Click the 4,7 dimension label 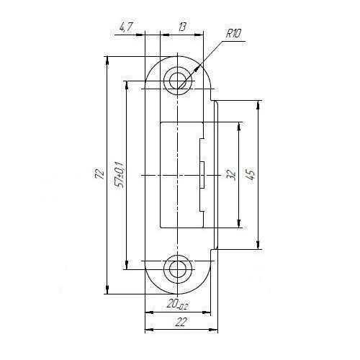pyautogui.click(x=126, y=27)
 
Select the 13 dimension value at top pyautogui.click(x=181, y=27)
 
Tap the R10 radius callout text pyautogui.click(x=233, y=34)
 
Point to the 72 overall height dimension pyautogui.click(x=100, y=174)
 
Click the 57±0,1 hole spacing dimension pyautogui.click(x=120, y=175)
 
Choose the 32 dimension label pyautogui.click(x=231, y=175)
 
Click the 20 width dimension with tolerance pyautogui.click(x=178, y=305)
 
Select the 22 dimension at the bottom pyautogui.click(x=181, y=322)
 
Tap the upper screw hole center pyautogui.click(x=177, y=81)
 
